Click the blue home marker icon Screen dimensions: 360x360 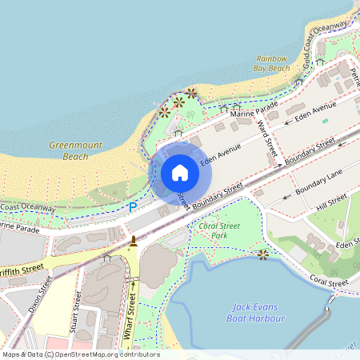180,173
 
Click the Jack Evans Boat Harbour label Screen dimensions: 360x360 258,312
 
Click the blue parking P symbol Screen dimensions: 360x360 133,207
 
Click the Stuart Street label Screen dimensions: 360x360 77,312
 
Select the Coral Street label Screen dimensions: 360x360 329,281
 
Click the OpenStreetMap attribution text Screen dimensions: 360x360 80,354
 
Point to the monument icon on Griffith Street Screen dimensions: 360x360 133,240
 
